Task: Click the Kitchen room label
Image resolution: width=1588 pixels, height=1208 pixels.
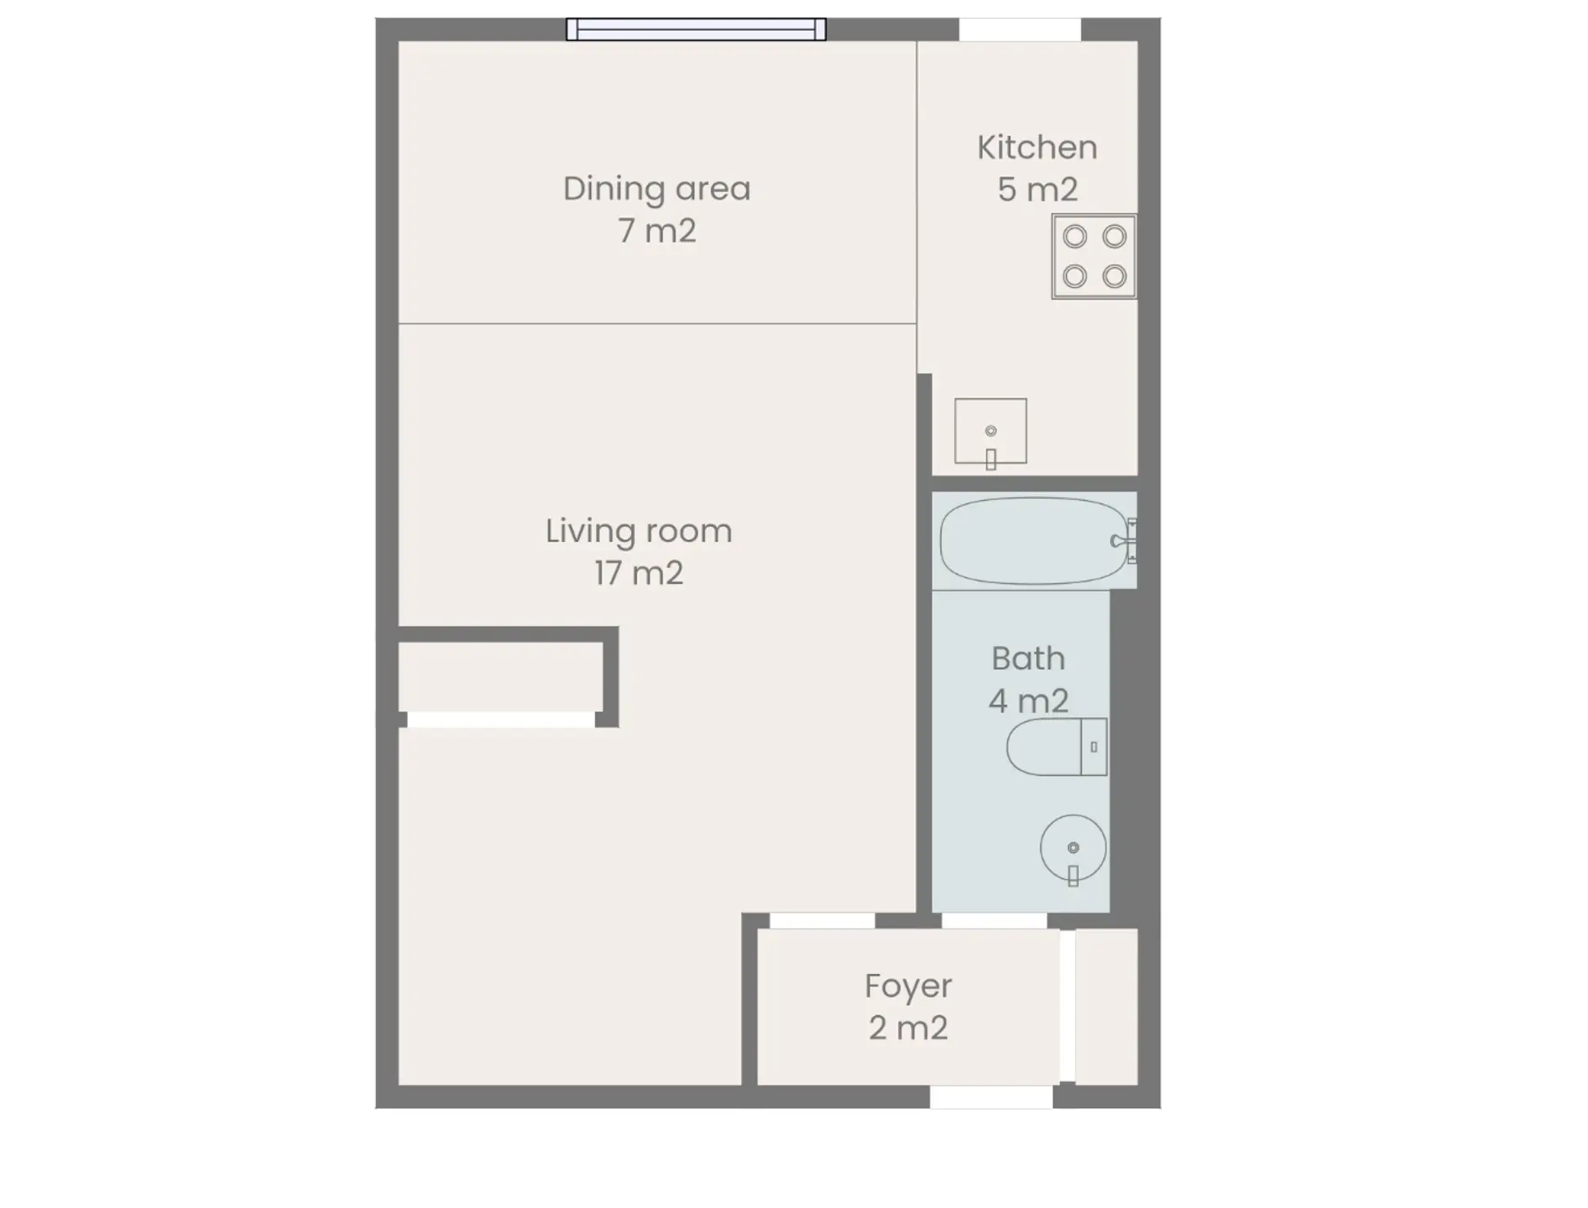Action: click(1037, 148)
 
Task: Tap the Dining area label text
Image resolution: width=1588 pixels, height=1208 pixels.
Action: click(656, 190)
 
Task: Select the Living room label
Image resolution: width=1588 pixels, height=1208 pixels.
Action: click(639, 531)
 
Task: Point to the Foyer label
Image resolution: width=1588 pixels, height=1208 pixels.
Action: click(908, 987)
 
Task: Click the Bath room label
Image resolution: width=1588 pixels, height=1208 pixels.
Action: click(1028, 659)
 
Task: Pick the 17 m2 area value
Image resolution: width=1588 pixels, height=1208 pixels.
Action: click(639, 574)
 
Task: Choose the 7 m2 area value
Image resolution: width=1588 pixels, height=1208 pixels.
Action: click(657, 231)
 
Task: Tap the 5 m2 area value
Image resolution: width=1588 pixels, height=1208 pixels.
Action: click(1037, 190)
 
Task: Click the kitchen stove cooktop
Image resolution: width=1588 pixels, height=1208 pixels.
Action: click(1094, 257)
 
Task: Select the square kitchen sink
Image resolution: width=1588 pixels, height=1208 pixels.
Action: click(990, 431)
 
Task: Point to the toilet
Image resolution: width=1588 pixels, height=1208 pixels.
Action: click(1057, 747)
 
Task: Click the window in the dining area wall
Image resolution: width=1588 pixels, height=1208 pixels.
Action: click(696, 29)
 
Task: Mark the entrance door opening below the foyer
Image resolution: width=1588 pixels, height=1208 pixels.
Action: click(991, 1097)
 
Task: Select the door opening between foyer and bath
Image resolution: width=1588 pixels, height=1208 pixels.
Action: click(995, 920)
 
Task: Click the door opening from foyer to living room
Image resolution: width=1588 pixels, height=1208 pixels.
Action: click(823, 920)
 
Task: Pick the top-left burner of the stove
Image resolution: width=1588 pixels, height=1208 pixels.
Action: click(1074, 237)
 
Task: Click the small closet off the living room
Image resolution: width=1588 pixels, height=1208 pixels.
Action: click(500, 677)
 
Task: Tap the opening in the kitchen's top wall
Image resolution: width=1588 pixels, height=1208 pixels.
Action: click(1020, 29)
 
